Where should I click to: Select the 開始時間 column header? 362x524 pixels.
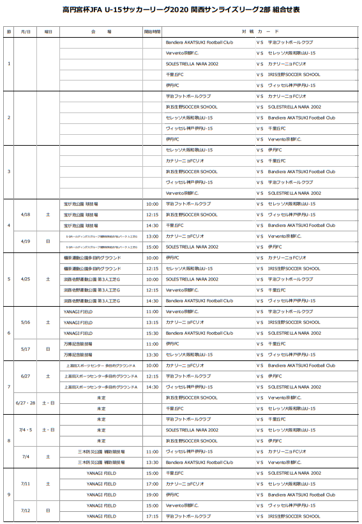152,31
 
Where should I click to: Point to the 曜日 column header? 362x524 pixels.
48,31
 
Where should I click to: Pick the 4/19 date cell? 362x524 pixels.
26,241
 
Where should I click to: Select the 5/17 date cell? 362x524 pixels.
26,348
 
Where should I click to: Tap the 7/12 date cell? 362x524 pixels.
26,510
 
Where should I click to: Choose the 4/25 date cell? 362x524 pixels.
26,279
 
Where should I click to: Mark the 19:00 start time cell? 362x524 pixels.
152,494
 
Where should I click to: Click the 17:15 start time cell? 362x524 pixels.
152,516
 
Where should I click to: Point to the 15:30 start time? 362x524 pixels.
152,333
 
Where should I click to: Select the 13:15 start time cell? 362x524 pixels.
152,322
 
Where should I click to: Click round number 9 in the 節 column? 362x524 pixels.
8,494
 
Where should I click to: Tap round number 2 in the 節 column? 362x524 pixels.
8,118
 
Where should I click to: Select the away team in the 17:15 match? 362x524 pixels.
294,516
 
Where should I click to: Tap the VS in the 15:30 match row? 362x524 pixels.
260,333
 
